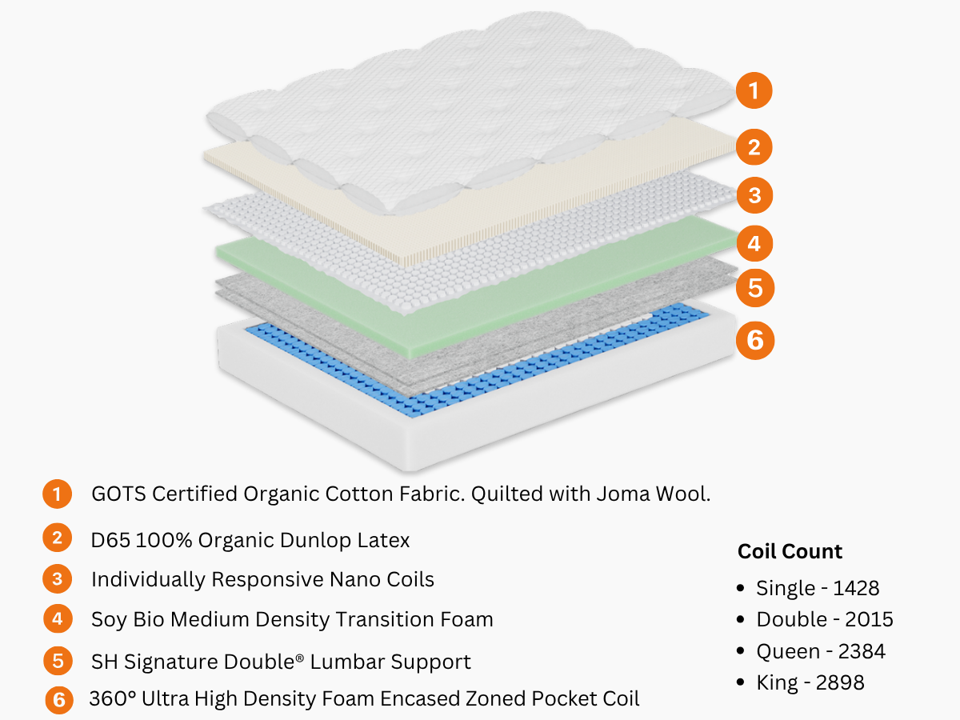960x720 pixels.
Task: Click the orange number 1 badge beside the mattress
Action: tap(754, 90)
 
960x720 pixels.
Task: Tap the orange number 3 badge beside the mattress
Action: tap(754, 194)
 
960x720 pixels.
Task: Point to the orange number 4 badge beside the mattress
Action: tap(754, 242)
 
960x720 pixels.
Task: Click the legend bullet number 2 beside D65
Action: tap(56, 538)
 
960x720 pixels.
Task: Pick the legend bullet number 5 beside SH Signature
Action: tap(58, 662)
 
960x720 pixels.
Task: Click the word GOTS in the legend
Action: tap(118, 494)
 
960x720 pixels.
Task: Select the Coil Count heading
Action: tap(790, 551)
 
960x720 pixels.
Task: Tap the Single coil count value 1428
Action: tap(856, 589)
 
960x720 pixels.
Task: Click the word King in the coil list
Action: tap(774, 682)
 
